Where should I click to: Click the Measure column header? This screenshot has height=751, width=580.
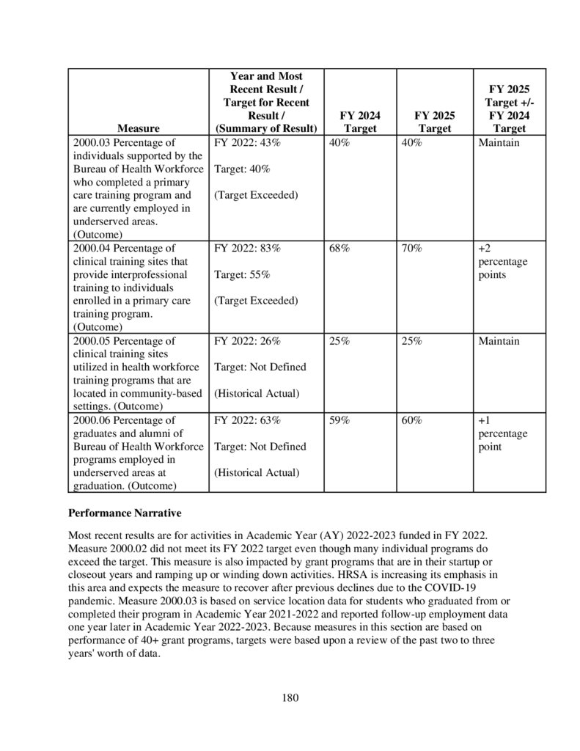point(138,128)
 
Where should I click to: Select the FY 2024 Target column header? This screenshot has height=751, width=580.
point(360,122)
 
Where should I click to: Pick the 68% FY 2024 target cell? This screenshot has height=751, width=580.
point(339,249)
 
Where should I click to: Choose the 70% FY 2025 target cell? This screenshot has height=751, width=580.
point(412,249)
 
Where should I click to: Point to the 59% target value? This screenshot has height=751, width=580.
point(339,420)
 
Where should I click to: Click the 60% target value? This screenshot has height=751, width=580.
point(412,420)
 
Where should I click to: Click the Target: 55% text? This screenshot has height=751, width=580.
point(242,275)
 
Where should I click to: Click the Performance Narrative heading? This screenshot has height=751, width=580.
point(124,513)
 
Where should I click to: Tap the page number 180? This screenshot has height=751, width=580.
point(290,697)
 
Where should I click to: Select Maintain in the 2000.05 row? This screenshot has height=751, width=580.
point(499,341)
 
